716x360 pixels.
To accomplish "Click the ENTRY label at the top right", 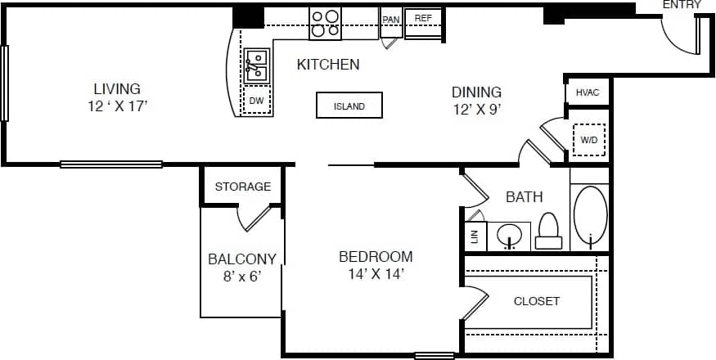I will pyautogui.click(x=682, y=5).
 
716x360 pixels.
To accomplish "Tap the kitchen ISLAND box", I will pyautogui.click(x=349, y=106).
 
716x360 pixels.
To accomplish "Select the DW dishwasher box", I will pyautogui.click(x=257, y=101).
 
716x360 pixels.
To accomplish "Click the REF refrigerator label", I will pyautogui.click(x=423, y=18).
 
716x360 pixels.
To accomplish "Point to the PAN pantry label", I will pyautogui.click(x=390, y=18).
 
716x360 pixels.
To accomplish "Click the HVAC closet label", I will pyautogui.click(x=588, y=92).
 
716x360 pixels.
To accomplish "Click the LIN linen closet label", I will pyautogui.click(x=474, y=236).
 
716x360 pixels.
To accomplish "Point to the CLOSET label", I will pyautogui.click(x=536, y=301).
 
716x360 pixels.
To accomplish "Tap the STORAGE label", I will pyautogui.click(x=243, y=187).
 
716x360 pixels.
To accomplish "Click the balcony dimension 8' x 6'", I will pyautogui.click(x=241, y=277).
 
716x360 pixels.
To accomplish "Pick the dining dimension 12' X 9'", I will pyautogui.click(x=476, y=109).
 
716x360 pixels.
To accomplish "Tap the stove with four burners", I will pyautogui.click(x=325, y=24).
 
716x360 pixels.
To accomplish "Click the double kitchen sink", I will pyautogui.click(x=256, y=65).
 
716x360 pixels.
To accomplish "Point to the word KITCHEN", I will pyautogui.click(x=327, y=64).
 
